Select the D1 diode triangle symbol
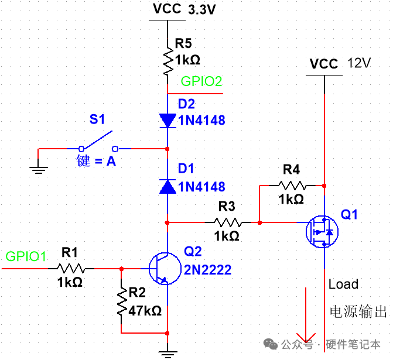pyautogui.click(x=168, y=186)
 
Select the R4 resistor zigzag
pyautogui.click(x=291, y=186)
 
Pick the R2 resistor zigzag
pyautogui.click(x=121, y=302)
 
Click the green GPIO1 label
pyautogui.click(x=26, y=256)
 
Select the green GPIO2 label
pyautogui.click(x=201, y=81)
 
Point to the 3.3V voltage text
pyautogui.click(x=202, y=11)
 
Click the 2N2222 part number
pyautogui.click(x=207, y=270)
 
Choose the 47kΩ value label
pyautogui.click(x=145, y=311)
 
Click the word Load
pyautogui.click(x=343, y=284)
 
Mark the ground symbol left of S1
pyautogui.click(x=38, y=170)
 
